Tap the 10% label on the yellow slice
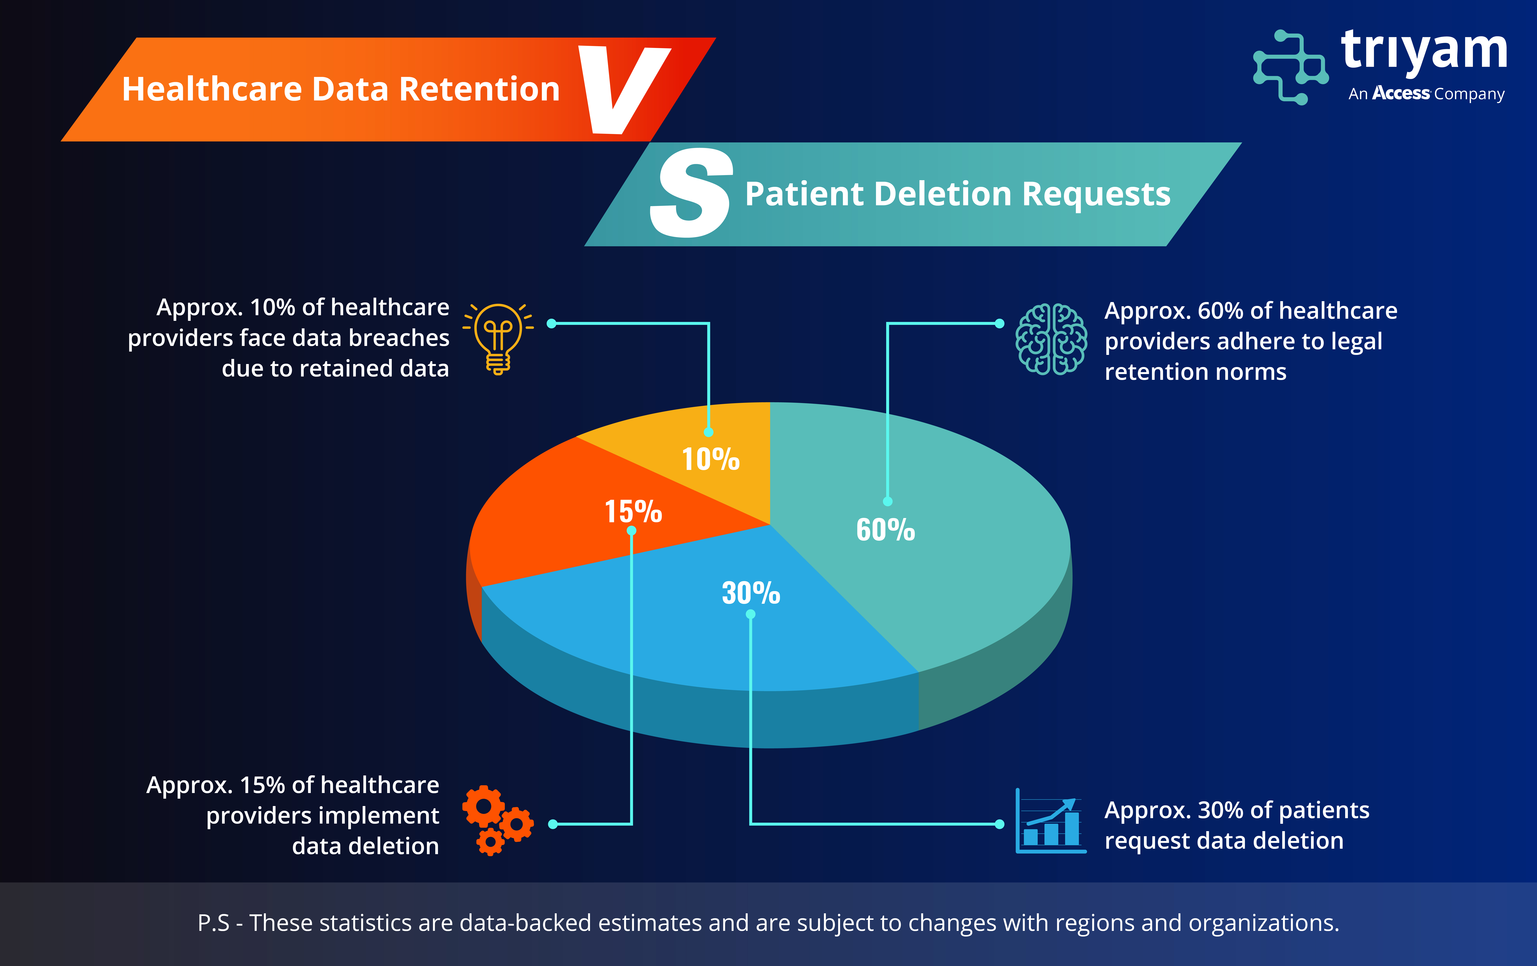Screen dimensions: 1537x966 (710, 459)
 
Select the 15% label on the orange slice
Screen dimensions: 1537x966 (633, 511)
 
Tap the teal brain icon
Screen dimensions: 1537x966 (1051, 339)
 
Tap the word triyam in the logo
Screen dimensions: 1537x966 (1424, 52)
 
